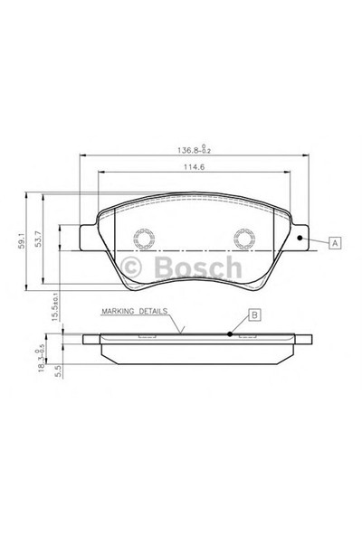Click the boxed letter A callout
coord(335,243)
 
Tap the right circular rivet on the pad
coord(243,239)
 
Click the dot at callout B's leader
coord(230,333)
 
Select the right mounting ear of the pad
coord(300,237)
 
